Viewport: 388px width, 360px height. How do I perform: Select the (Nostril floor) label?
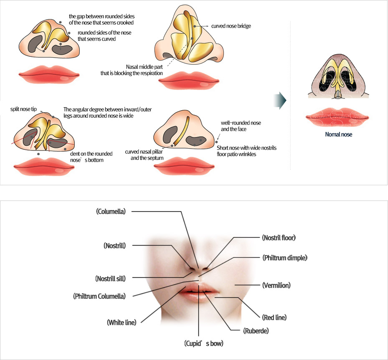pos(279,238)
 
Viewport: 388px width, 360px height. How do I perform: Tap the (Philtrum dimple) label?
pos(284,258)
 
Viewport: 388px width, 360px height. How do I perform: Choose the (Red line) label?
pos(274,317)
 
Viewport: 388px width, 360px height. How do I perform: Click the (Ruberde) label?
pos(255,331)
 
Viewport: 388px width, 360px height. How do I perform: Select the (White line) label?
pos(124,322)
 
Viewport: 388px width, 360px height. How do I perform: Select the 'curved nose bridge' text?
pos(231,26)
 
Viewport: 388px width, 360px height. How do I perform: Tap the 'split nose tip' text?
pos(23,109)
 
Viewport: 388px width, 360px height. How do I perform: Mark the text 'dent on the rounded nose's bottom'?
pos(91,157)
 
